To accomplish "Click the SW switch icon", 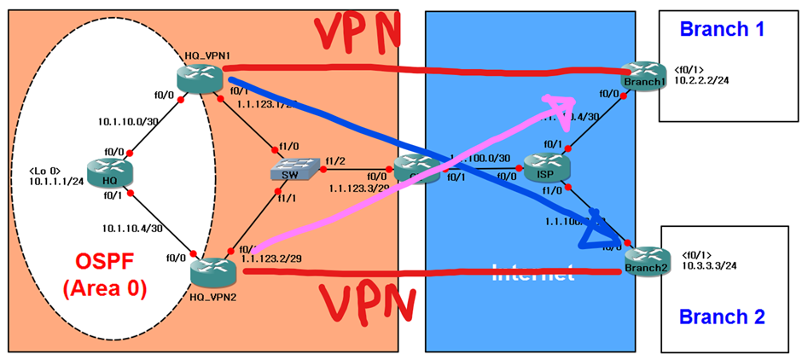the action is [287, 171].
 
